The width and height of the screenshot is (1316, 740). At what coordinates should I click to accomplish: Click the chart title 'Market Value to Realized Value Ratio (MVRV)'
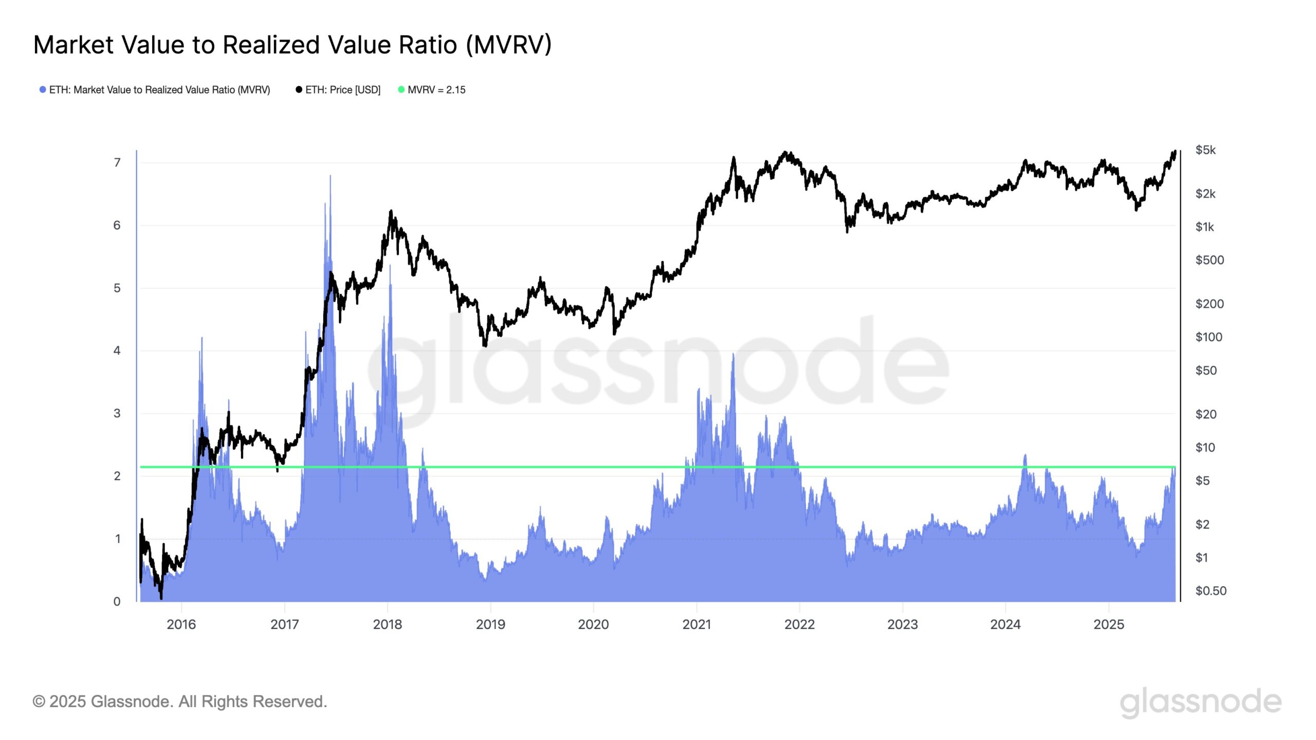(x=292, y=45)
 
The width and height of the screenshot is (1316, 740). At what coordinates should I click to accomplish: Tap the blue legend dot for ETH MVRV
(x=43, y=90)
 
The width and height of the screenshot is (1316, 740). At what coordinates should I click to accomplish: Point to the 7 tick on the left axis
(x=117, y=163)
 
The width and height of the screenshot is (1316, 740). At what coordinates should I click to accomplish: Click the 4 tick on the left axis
(x=117, y=351)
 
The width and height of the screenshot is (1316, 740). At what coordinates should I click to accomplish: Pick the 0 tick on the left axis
(x=117, y=602)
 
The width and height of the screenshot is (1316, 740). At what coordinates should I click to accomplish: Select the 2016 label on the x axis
(x=181, y=625)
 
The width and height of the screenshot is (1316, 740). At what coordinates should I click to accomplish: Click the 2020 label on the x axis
(x=593, y=625)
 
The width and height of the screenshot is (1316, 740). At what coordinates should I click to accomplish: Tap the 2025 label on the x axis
(x=1109, y=625)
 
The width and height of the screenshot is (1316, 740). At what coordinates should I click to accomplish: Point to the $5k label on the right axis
(x=1205, y=150)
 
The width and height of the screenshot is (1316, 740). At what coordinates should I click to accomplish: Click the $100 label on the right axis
(x=1209, y=338)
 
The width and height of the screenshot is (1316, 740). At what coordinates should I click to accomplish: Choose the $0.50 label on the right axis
(x=1211, y=591)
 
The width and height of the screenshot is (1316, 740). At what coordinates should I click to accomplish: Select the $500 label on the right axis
(x=1210, y=261)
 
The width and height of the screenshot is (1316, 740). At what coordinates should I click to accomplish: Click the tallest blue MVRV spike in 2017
(x=330, y=177)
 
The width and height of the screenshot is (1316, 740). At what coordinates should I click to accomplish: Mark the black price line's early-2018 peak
(x=391, y=211)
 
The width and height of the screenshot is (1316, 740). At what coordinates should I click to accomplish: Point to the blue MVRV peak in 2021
(x=733, y=355)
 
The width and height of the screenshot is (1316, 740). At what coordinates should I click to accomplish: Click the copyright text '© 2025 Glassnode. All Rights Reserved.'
(x=180, y=702)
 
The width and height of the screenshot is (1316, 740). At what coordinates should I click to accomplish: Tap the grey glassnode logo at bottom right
(x=1200, y=702)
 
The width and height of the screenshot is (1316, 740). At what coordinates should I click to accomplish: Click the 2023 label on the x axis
(x=903, y=625)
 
